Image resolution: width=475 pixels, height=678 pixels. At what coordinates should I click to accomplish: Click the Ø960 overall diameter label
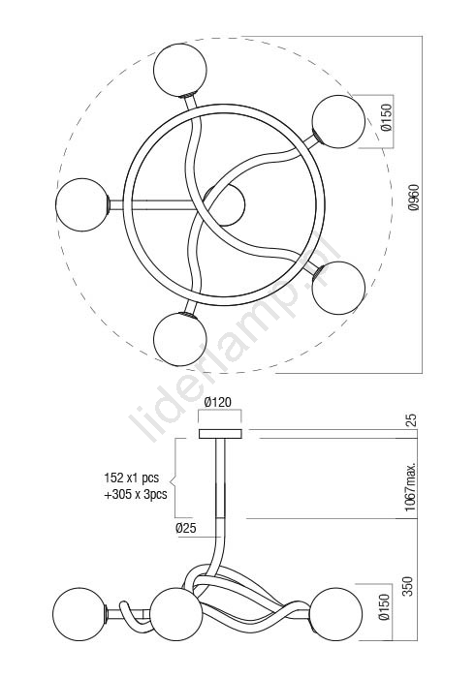pyautogui.click(x=414, y=198)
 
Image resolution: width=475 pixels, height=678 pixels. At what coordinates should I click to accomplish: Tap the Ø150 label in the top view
pyautogui.click(x=386, y=117)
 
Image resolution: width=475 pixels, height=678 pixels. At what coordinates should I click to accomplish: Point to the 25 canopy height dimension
pyautogui.click(x=411, y=420)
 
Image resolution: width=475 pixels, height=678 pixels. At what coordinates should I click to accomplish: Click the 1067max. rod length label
pyautogui.click(x=411, y=486)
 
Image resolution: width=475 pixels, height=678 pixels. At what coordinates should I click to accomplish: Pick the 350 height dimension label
pyautogui.click(x=408, y=585)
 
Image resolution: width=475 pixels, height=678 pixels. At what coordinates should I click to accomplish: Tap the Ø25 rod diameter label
pyautogui.click(x=186, y=528)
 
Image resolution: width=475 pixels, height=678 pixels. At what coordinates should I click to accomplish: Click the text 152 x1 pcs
pyautogui.click(x=132, y=478)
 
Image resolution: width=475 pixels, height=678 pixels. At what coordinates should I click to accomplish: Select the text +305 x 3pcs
pyautogui.click(x=136, y=494)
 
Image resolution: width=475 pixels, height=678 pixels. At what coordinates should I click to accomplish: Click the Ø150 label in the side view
pyautogui.click(x=384, y=606)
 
